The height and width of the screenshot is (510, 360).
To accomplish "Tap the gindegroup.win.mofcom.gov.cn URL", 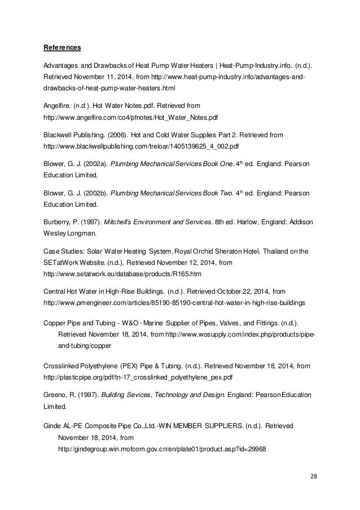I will click(x=162, y=449).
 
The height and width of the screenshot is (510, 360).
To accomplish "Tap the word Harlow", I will click(x=245, y=221).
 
